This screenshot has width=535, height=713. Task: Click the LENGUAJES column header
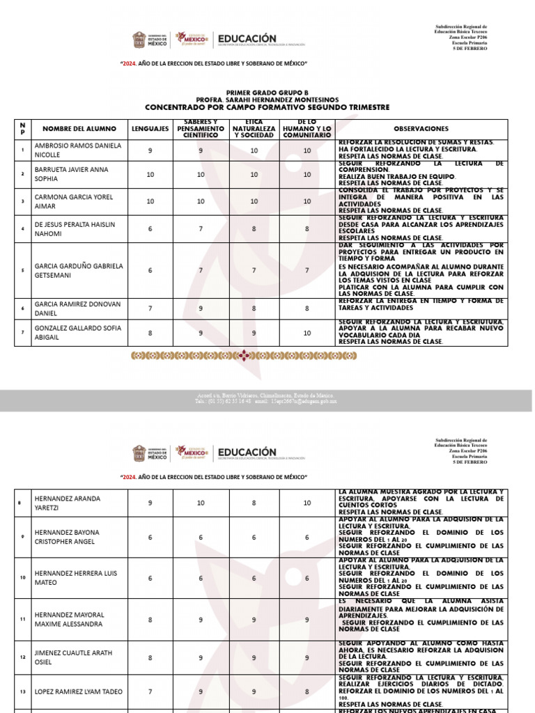coord(150,129)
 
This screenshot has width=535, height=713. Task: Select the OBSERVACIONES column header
coord(421,129)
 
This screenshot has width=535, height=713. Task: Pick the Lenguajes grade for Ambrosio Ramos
coord(150,150)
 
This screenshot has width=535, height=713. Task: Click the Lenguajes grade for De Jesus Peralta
coord(150,228)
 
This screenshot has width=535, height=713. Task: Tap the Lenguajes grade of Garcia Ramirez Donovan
coord(150,309)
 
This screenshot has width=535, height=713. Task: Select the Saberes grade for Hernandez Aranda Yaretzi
coord(201,502)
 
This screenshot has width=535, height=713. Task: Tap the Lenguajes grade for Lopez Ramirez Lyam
coord(150,691)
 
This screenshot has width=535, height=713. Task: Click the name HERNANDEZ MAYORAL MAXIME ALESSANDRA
coord(69,619)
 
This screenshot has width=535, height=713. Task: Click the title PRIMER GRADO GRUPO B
coord(266,93)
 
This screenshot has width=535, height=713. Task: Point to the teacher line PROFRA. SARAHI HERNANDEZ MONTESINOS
coord(266,100)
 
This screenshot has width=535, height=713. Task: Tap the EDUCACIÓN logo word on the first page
coord(247,39)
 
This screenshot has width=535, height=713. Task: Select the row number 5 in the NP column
coord(22,270)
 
